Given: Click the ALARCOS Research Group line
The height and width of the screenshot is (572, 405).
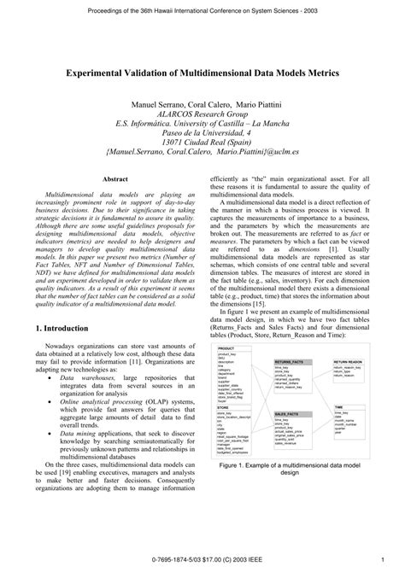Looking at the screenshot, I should coord(202,113).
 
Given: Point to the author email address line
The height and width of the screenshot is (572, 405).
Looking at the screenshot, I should coord(202,154).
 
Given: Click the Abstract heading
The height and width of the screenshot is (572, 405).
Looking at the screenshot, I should coord(115,178).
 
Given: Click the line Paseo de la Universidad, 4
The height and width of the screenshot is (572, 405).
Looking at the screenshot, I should coord(202,133).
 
